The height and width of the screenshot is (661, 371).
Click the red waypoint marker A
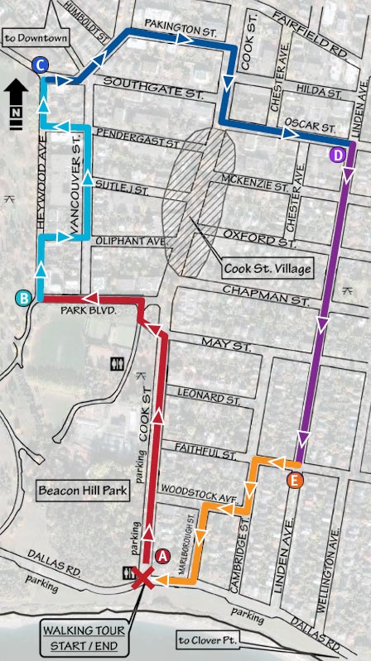(x=162, y=555)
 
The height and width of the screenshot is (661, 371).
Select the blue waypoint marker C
(x=41, y=65)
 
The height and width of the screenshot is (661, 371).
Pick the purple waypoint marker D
(x=337, y=155)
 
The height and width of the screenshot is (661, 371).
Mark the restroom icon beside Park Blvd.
(x=117, y=362)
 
